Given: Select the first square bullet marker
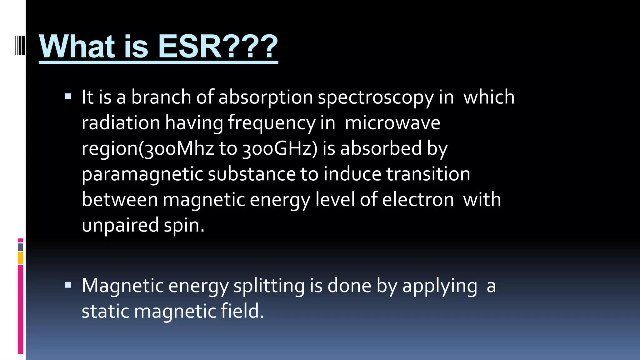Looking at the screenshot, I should (x=68, y=96).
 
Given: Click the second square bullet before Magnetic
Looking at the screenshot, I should (x=68, y=285).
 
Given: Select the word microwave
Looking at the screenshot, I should (x=392, y=122).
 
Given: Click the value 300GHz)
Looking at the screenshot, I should (x=280, y=148).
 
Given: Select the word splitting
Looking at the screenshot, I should (x=269, y=286).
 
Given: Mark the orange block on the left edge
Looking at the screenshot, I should (x=20, y=258).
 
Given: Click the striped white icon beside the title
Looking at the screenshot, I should (x=20, y=46).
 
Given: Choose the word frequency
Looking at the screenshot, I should (x=272, y=123).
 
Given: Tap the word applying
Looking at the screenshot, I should (x=440, y=286).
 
